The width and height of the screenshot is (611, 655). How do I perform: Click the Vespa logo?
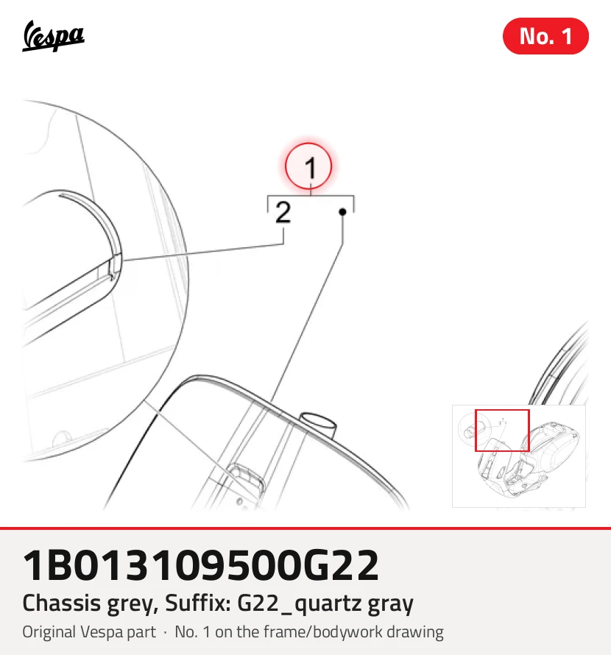[x=53, y=36]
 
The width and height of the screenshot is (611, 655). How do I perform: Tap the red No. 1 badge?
[x=545, y=36]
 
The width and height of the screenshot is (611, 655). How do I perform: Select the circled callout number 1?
[x=308, y=166]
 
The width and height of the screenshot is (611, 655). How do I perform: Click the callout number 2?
[x=283, y=212]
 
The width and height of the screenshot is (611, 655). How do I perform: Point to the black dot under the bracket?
[x=343, y=212]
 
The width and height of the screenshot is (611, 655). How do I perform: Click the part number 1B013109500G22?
[x=201, y=565]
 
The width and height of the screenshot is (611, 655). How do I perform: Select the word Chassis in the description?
[x=61, y=603]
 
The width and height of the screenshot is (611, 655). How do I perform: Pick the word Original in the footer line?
[x=49, y=632]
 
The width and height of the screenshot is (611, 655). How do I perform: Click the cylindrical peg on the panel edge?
[x=319, y=424]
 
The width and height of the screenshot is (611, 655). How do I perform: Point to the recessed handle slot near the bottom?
[x=247, y=478]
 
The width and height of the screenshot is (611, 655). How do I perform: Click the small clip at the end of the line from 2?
[x=115, y=267]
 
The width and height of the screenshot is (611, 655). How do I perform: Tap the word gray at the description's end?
[x=391, y=604]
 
